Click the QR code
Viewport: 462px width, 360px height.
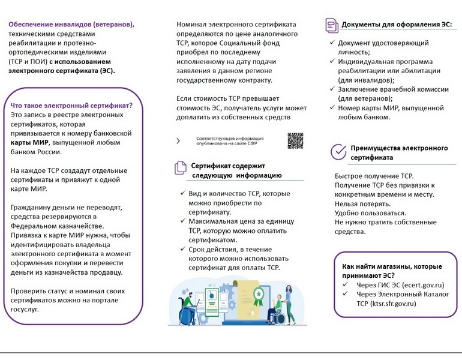tap(295, 140)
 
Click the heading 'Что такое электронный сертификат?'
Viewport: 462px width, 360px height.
tap(71, 105)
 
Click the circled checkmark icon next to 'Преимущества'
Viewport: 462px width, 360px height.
tap(339, 150)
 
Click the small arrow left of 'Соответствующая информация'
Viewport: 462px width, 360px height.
tap(178, 141)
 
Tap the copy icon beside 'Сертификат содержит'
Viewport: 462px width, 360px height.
tap(180, 168)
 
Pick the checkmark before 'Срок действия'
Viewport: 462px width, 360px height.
tap(183, 249)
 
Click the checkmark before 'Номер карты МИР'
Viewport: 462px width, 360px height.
tap(332, 108)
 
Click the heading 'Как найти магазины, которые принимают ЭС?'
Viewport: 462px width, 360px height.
tap(392, 271)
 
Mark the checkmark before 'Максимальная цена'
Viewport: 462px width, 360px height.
tap(183, 221)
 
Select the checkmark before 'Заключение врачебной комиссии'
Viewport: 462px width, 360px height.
tap(332, 89)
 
